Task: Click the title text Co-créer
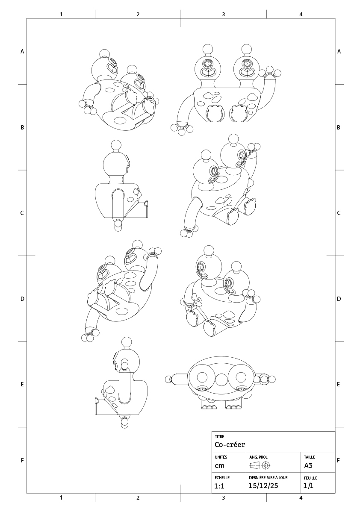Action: coord(230,444)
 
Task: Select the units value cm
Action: coord(219,465)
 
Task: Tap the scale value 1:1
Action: coord(219,486)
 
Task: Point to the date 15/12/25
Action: coord(263,485)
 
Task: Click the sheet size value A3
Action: coord(308,465)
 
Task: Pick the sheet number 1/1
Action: coord(308,485)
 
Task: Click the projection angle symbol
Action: coord(260,465)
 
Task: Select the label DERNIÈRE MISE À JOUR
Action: coord(268,477)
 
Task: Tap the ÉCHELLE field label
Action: coord(222,477)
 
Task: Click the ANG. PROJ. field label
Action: coord(259,457)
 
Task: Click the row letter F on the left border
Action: coord(22,460)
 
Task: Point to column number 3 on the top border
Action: coord(223,14)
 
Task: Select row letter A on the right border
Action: coord(339,51)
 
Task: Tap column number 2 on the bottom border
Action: coord(138,497)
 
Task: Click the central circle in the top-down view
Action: coord(221,379)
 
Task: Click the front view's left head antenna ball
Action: coord(208,49)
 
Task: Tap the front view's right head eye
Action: coord(245,63)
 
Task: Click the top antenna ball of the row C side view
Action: coord(116,145)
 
